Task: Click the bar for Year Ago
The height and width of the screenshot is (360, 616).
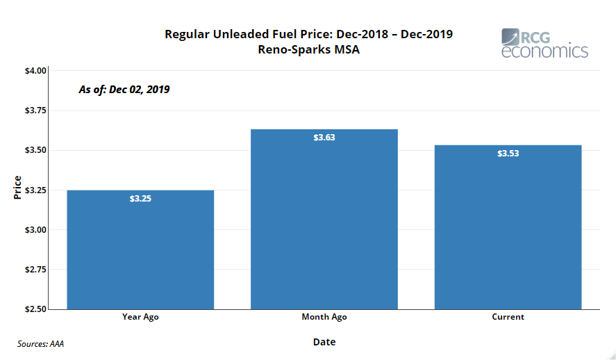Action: (x=140, y=249)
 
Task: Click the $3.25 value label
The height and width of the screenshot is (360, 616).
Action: (x=140, y=199)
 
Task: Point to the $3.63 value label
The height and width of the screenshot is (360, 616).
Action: (x=324, y=138)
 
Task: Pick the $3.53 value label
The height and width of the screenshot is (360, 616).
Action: (x=508, y=154)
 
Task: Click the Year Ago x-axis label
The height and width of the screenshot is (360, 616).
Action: (x=140, y=317)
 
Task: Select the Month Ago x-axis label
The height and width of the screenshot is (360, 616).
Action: (x=324, y=317)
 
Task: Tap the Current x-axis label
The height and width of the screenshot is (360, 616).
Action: (x=508, y=317)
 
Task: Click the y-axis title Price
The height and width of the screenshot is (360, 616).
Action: (x=17, y=188)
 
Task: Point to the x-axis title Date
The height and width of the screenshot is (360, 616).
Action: (x=324, y=342)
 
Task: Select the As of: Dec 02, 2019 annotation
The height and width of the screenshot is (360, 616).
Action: (x=124, y=90)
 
